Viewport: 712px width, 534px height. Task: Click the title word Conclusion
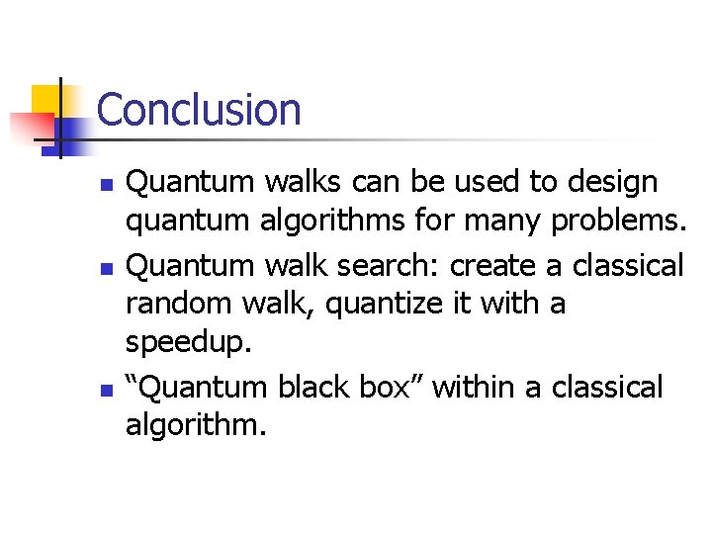tap(199, 110)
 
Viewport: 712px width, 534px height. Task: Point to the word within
tap(475, 387)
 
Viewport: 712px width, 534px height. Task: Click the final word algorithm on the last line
tap(196, 426)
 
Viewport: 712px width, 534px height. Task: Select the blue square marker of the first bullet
tap(108, 185)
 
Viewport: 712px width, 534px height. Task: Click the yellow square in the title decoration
tap(45, 99)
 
